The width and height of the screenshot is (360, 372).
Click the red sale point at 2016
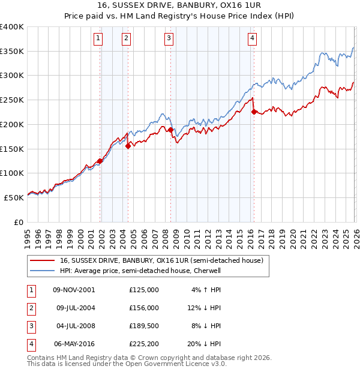point(254,112)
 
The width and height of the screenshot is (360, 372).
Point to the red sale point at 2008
point(170,129)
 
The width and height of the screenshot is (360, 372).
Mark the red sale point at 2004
point(128,146)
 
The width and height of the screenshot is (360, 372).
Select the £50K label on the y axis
point(14,197)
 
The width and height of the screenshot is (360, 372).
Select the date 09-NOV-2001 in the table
point(74,290)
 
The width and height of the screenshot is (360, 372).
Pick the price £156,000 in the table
point(143,308)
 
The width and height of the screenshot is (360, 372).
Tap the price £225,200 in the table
point(143,344)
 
